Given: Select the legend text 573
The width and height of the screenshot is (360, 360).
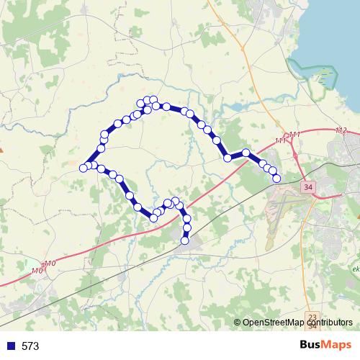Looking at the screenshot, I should [30, 346].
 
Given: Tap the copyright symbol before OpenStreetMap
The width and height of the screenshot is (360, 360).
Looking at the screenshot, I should [238, 322].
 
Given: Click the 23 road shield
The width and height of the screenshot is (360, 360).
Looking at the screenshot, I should [312, 317].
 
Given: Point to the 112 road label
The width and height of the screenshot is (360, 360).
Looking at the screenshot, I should [341, 130].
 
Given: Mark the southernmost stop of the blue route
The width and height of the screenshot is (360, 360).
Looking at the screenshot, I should [184, 240].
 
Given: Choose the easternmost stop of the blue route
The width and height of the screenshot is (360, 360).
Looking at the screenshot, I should [276, 177].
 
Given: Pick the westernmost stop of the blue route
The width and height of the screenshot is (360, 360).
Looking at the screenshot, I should [84, 168].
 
